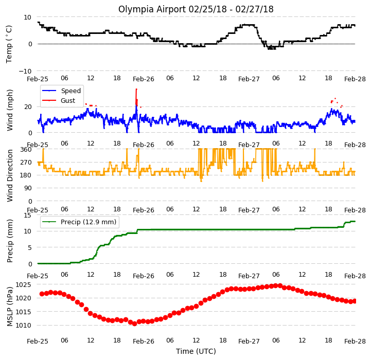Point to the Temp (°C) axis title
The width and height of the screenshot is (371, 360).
9,44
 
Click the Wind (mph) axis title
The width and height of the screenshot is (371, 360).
9,111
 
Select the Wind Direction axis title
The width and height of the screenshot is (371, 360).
9,175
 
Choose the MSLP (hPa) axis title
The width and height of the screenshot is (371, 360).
9,307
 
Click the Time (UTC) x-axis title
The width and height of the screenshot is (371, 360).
196,351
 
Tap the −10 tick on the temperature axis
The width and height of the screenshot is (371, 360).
25,71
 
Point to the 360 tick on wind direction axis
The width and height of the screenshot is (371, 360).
26,150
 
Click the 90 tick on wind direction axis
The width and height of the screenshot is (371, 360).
28,188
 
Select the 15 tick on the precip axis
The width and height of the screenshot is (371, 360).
28,215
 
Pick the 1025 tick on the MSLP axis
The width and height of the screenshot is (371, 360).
23,284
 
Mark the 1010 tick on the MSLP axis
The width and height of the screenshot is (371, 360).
23,325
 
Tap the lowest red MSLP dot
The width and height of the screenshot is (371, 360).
134,323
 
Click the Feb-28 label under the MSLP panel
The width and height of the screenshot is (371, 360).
355,341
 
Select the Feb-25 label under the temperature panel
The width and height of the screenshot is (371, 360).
38,79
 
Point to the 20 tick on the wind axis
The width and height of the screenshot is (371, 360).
28,107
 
